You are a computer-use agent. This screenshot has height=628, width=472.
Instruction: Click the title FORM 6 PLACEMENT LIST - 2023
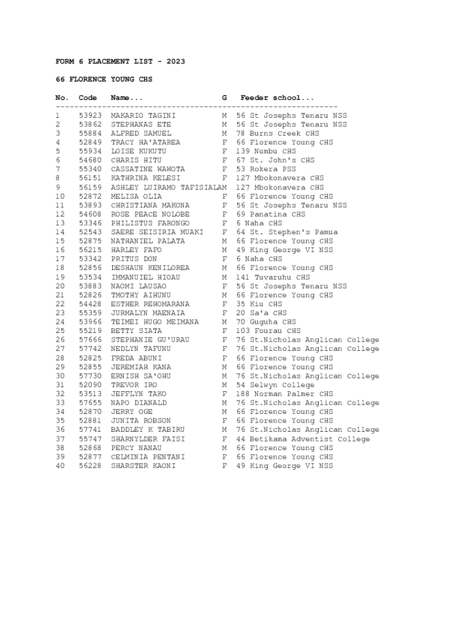120,61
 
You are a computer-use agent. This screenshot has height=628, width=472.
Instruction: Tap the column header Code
88,98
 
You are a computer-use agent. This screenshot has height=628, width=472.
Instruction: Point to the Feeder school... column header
277,98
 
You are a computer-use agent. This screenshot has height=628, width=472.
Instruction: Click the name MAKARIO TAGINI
143,115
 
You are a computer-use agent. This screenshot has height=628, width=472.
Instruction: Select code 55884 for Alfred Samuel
90,133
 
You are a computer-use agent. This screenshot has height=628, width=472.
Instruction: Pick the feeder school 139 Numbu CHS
266,151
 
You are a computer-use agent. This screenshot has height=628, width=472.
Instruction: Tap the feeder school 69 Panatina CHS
270,214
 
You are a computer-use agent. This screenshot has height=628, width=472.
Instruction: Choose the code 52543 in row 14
90,232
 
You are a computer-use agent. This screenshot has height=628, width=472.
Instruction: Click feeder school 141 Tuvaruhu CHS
273,277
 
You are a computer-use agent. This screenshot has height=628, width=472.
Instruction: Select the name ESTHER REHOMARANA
150,304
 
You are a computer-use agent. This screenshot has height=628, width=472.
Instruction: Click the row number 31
60,385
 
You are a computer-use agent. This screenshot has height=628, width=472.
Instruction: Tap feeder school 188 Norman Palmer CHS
284,394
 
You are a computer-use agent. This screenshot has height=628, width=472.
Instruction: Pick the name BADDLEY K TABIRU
148,430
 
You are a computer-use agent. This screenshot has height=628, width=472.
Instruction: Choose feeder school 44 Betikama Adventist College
303,439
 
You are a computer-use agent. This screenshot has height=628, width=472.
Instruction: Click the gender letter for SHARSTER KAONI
224,466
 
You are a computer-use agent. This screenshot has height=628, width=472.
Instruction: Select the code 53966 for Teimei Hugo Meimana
90,322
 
